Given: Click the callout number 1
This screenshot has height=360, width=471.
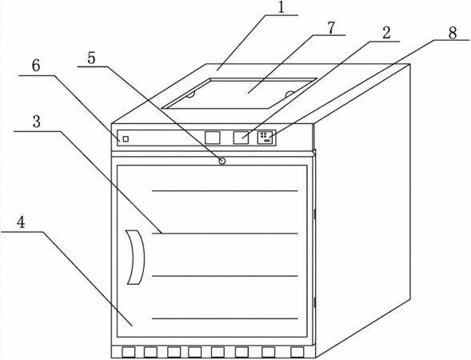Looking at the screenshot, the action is click(281, 7).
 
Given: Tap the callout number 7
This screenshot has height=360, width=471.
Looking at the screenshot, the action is click(330, 28).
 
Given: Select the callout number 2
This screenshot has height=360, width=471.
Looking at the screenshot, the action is click(386, 33).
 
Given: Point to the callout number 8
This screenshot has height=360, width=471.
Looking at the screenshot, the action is click(453, 33).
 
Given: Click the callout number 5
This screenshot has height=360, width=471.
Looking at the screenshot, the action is click(91, 58).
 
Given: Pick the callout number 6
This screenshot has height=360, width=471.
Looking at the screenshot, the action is click(36, 66).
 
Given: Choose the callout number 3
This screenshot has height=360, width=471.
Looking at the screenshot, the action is click(36, 122).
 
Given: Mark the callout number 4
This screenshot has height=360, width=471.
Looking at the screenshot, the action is click(21, 222).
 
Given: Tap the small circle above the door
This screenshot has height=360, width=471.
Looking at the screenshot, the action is click(222, 161).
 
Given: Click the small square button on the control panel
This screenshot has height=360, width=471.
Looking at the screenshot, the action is click(126, 139).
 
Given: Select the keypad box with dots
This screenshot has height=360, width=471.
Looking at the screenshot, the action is click(265, 138).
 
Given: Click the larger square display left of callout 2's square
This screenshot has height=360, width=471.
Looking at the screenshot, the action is click(213, 138).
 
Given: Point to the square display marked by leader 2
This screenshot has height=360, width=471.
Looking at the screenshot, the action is click(241, 138).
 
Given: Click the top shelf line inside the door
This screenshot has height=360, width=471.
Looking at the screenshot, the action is click(225, 190).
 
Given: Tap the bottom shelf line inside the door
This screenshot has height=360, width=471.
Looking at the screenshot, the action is click(225, 318).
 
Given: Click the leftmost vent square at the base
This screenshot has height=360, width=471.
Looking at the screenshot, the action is click(128, 352).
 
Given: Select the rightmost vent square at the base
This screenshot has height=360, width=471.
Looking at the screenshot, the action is click(297, 352).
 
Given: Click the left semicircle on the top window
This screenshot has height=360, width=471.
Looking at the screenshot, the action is click(191, 95).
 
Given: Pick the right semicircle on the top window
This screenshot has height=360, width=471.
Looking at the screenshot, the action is click(290, 94).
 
